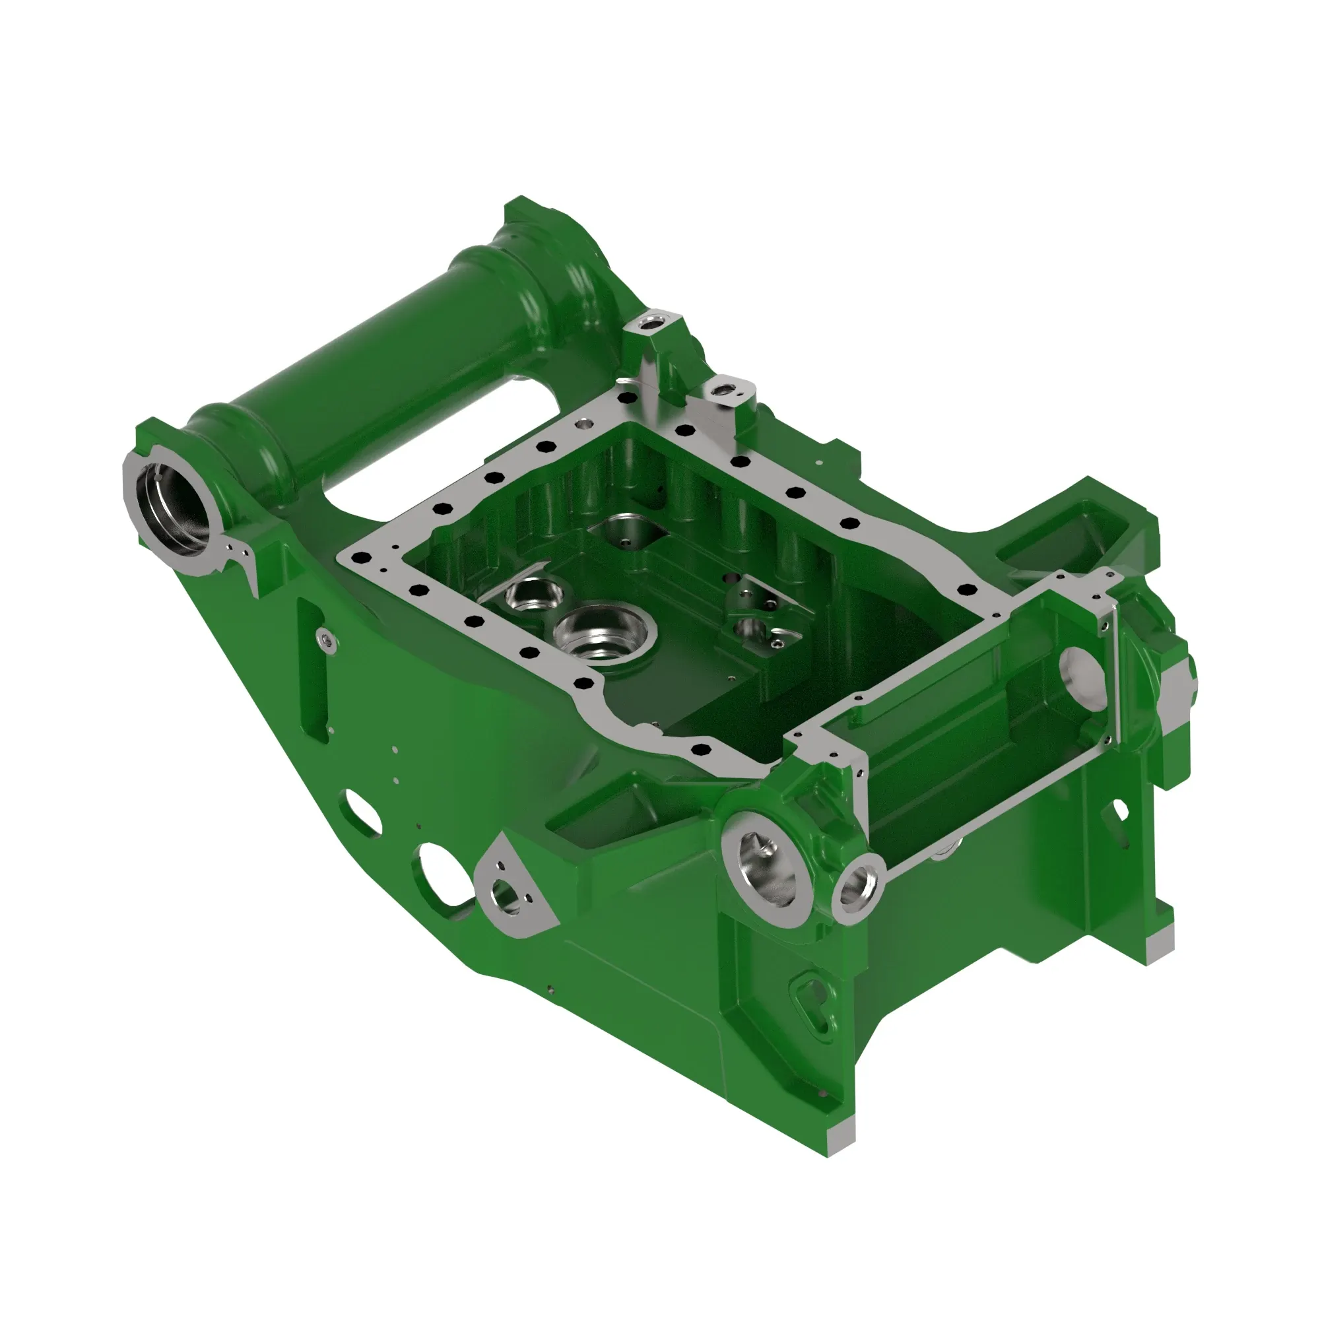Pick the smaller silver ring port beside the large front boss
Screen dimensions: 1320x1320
tap(857, 888)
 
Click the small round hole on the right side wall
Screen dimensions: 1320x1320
tap(1120, 810)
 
